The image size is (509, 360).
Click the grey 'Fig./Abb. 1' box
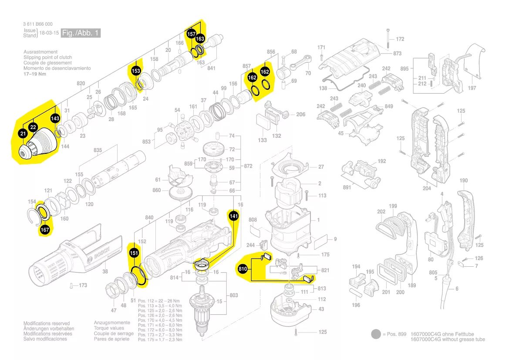tap(81, 33)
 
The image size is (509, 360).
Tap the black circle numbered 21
tap(23, 134)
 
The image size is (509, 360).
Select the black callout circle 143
tap(55, 118)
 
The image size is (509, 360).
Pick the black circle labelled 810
tap(243, 270)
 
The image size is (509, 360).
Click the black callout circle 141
tap(234, 216)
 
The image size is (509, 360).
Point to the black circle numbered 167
tap(45, 229)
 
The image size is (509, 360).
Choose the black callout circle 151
tap(135, 253)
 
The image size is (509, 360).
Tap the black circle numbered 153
tap(136, 71)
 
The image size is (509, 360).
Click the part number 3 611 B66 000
tap(38, 24)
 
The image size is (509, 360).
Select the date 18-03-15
tap(49, 33)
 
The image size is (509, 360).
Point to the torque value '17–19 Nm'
tap(34, 74)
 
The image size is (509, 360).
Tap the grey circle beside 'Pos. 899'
tap(376, 334)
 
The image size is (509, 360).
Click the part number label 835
tap(98, 150)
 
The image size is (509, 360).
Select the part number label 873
tap(397, 54)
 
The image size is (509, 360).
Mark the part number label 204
tap(427, 188)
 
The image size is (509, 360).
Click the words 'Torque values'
tap(109, 328)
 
